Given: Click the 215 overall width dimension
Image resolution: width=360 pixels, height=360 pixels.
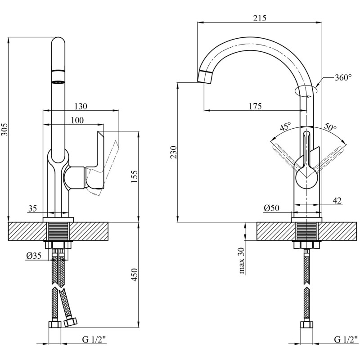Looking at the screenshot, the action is pyautogui.click(x=260, y=18).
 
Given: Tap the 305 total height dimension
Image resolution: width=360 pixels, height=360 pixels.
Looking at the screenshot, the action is pyautogui.click(x=5, y=130).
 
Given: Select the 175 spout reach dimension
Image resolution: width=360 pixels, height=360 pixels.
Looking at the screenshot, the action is pyautogui.click(x=255, y=106).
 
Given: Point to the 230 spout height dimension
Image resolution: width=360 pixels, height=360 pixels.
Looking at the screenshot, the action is pyautogui.click(x=174, y=153).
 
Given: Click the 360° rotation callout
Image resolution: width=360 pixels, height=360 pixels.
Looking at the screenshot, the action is pyautogui.click(x=343, y=77).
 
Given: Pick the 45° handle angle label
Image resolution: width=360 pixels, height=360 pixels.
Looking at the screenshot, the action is pyautogui.click(x=286, y=126).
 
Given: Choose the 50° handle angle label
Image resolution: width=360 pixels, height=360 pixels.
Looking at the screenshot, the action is pyautogui.click(x=330, y=127).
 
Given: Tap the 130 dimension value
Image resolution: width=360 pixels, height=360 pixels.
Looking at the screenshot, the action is pyautogui.click(x=81, y=106).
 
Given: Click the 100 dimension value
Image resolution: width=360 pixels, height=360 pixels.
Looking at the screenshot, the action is pyautogui.click(x=77, y=120).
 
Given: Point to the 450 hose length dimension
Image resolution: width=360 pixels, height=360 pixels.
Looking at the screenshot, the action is pyautogui.click(x=134, y=275).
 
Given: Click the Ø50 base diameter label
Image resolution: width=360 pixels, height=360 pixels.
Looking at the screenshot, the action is pyautogui.click(x=272, y=208).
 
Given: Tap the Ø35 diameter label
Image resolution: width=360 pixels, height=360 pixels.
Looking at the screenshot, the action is pyautogui.click(x=34, y=256).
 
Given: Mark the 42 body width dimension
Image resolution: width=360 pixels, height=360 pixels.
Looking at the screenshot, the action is pyautogui.click(x=337, y=200).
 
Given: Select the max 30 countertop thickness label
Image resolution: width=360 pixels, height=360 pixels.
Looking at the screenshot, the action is pyautogui.click(x=242, y=261).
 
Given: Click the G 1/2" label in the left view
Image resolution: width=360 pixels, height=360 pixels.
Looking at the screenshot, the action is pyautogui.click(x=94, y=340).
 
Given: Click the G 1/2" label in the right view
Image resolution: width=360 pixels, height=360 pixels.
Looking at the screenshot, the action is pyautogui.click(x=346, y=339).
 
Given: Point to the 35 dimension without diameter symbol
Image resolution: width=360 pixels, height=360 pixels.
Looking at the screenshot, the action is pyautogui.click(x=32, y=208).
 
